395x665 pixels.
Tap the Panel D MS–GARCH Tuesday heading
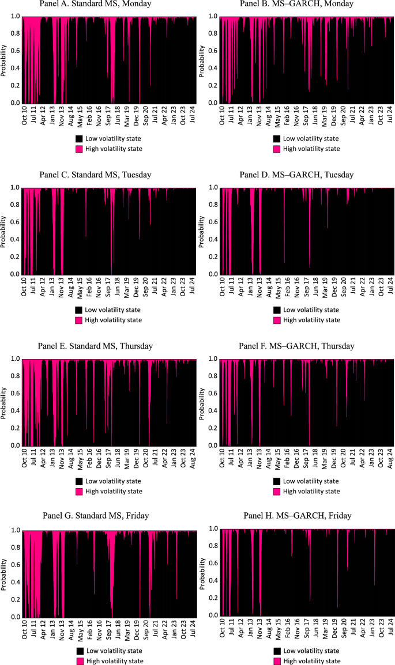pyautogui.click(x=296, y=175)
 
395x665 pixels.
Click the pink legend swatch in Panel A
pyautogui.click(x=79, y=148)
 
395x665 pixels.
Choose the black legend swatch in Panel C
pyautogui.click(x=79, y=309)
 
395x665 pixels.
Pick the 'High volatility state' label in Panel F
pyautogui.click(x=312, y=491)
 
